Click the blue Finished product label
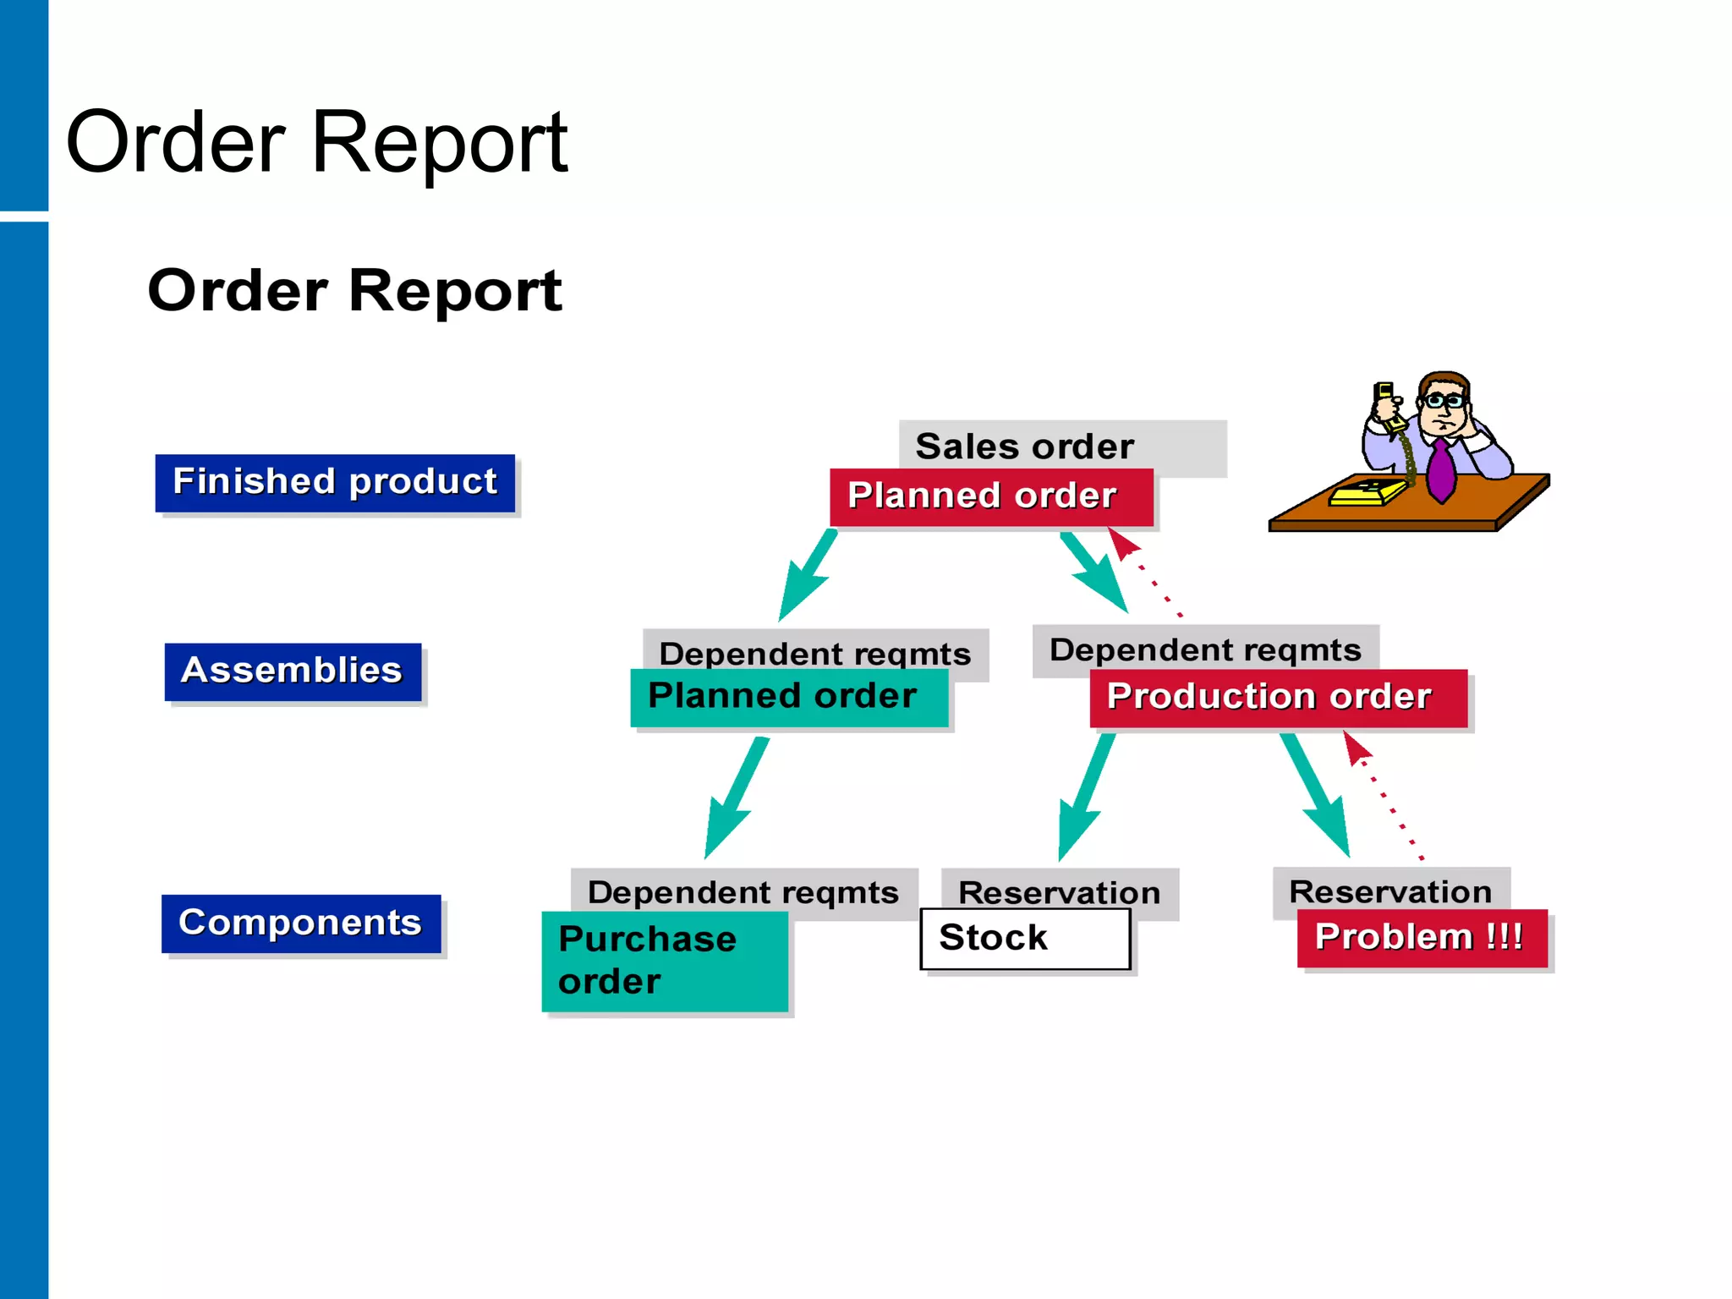point(335,483)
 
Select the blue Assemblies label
point(293,671)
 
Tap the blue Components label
point(301,923)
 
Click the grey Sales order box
point(1061,446)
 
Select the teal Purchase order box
point(665,962)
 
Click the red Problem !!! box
point(1422,938)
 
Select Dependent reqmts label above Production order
point(1204,649)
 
